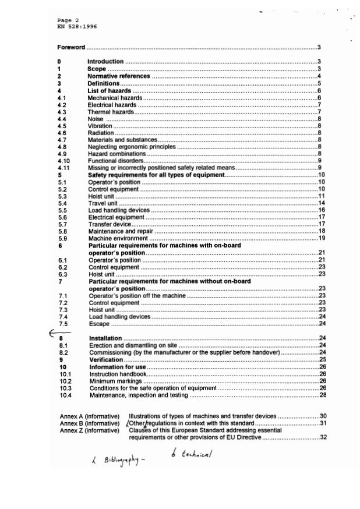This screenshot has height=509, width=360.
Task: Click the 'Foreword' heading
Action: click(71, 47)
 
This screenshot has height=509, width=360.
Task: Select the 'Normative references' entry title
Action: click(119, 76)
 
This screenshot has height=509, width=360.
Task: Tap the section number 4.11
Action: click(65, 167)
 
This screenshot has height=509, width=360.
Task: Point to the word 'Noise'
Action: click(96, 118)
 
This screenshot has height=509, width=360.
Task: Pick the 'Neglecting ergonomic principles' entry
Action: click(131, 146)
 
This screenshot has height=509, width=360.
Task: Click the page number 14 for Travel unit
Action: click(321, 203)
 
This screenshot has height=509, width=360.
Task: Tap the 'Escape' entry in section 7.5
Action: click(98, 323)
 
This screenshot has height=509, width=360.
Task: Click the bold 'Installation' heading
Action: click(105, 338)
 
